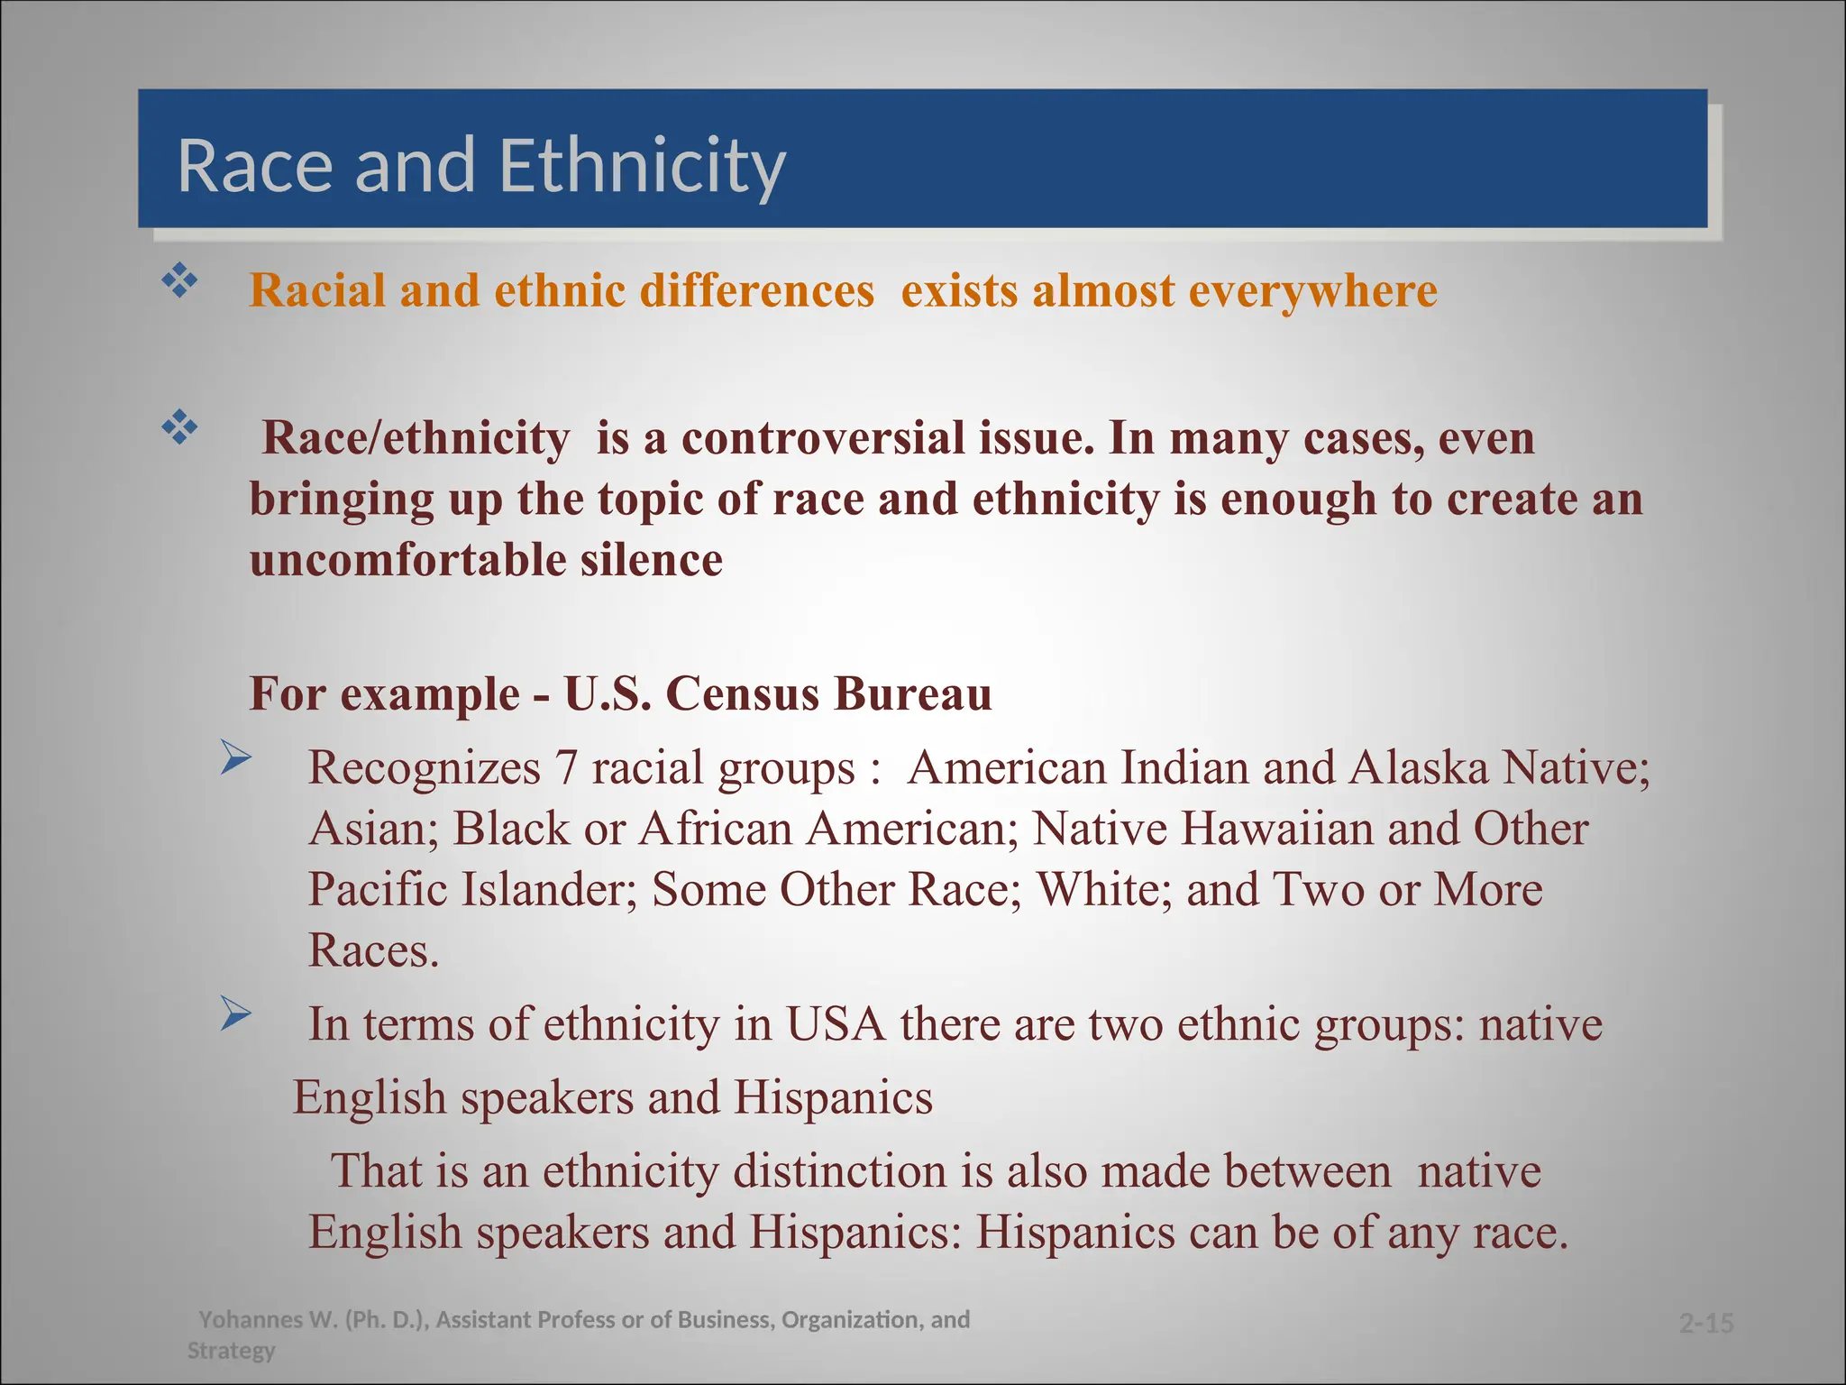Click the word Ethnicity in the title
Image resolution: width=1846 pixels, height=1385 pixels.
(642, 167)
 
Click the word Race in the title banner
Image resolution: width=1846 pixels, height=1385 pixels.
(257, 167)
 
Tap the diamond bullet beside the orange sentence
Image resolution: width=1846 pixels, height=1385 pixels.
(179, 281)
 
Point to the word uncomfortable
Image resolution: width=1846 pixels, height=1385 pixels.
(407, 560)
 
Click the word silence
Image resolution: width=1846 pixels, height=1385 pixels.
(651, 560)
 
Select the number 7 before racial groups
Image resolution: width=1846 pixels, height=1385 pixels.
(565, 768)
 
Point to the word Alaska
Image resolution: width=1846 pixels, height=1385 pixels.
(1418, 768)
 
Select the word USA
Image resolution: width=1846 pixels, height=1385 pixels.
(836, 1025)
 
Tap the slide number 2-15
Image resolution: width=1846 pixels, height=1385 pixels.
(1706, 1324)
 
